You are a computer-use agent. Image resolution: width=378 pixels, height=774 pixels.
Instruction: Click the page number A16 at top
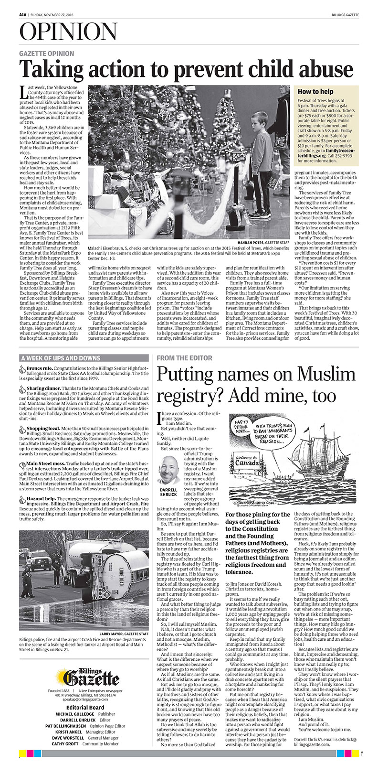tap(22, 14)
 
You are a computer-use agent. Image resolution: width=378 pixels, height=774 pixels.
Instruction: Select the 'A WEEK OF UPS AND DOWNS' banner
tap(61, 358)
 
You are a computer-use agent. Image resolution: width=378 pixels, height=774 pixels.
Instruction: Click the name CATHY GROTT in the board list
tap(65, 757)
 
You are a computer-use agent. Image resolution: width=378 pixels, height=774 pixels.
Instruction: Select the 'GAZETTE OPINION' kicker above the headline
tap(47, 54)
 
